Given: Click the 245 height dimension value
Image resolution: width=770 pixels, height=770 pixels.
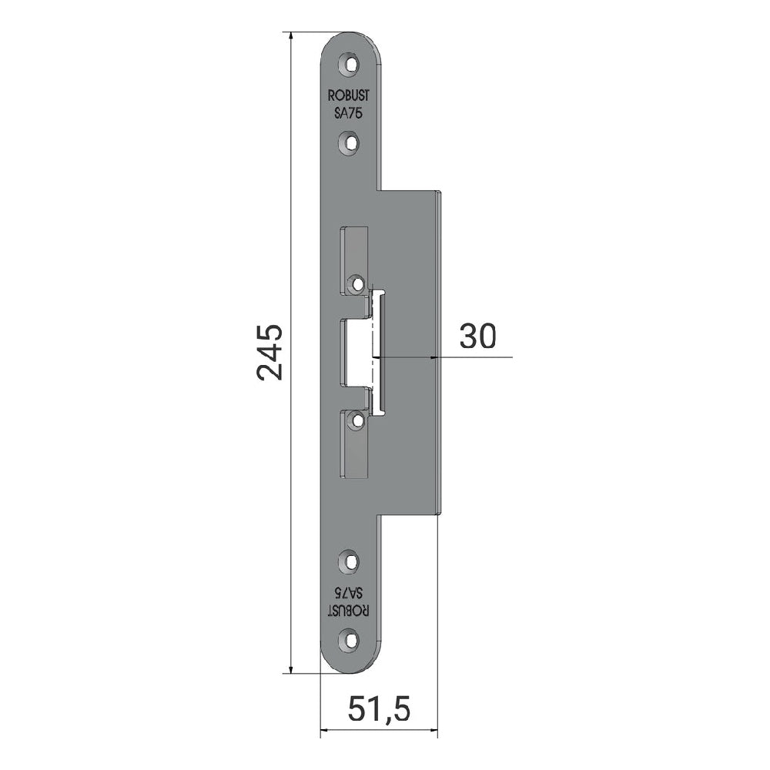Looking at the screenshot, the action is (x=270, y=352).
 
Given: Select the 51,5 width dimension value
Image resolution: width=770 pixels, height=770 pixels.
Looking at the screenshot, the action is (x=379, y=709).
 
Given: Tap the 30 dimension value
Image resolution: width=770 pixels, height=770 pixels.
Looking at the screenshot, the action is (x=478, y=336).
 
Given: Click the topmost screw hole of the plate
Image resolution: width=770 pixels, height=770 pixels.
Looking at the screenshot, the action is (x=350, y=65).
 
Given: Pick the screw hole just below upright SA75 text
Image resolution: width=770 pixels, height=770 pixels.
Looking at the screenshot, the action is (x=350, y=142).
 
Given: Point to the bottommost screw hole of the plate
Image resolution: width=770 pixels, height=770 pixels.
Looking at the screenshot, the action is (x=350, y=639).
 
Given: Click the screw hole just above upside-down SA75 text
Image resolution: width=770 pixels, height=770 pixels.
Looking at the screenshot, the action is (x=350, y=561).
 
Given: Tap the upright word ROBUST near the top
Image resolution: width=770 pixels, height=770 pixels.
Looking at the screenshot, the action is (x=349, y=95).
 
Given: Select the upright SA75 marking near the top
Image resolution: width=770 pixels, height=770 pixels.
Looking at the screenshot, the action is (x=348, y=113).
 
